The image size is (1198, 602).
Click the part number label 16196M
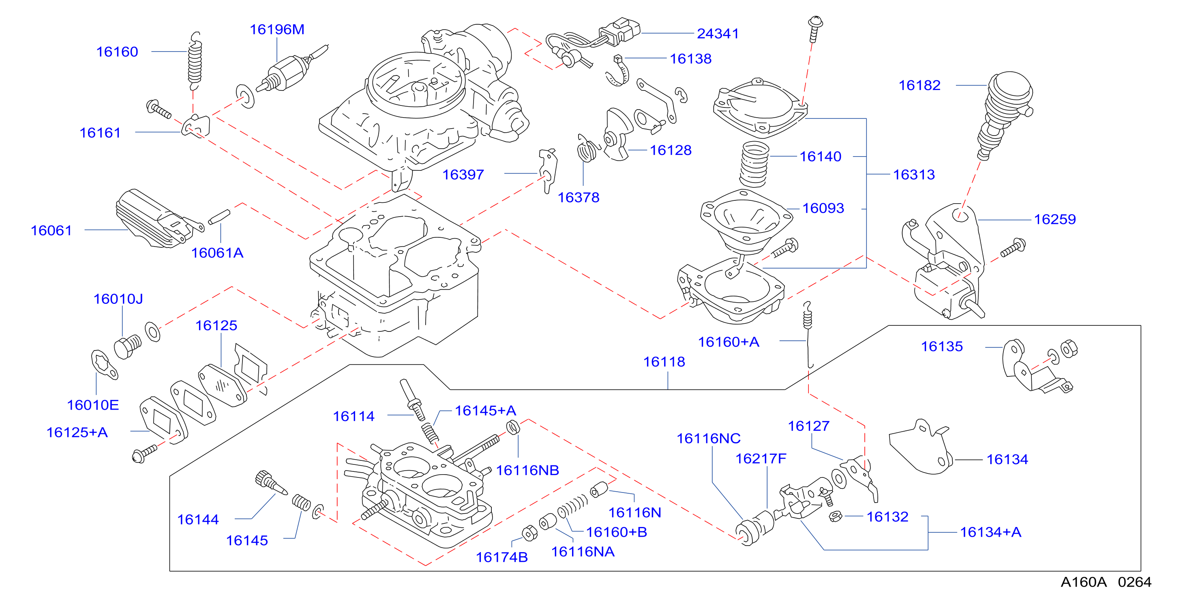coord(277,29)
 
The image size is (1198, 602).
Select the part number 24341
coord(718,34)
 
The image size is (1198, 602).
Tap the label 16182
coord(919,85)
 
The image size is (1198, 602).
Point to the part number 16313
coord(914,174)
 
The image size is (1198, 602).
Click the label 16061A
coord(217,253)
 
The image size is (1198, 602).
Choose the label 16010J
coord(118,299)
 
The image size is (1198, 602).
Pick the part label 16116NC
coord(708,438)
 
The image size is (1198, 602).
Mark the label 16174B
coord(502,557)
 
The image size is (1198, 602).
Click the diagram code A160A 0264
coord(1106,582)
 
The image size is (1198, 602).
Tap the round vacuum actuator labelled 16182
coord(1005,114)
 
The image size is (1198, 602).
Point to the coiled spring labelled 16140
coord(754,164)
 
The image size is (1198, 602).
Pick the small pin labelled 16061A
coord(219,217)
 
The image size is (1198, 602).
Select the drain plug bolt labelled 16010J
coord(127,346)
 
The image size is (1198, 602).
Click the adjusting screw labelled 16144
coord(271,482)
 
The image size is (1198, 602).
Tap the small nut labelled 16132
coord(835,516)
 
